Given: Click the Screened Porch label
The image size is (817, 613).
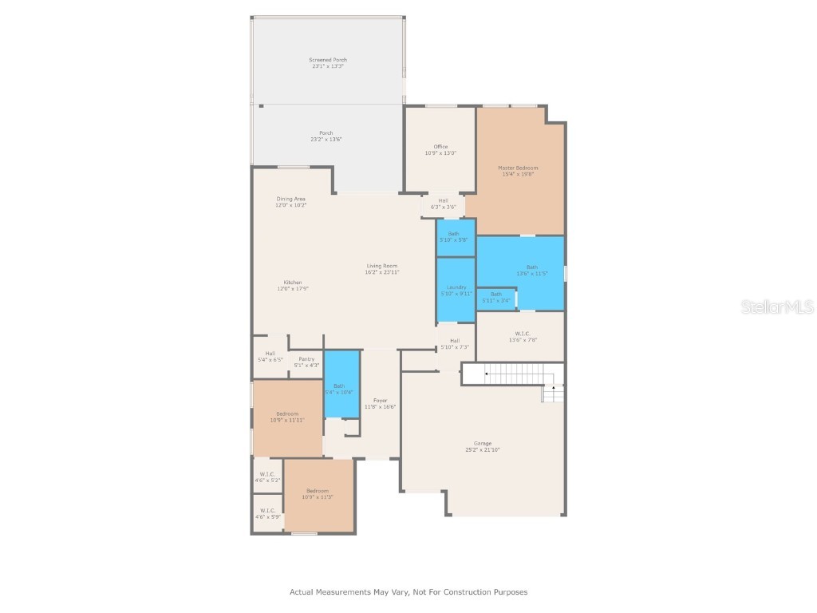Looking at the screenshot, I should (x=328, y=63).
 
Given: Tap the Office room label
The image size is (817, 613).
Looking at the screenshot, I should (x=440, y=149).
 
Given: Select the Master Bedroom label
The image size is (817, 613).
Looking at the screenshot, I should (x=518, y=171).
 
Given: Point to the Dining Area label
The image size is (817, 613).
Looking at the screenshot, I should (x=291, y=202).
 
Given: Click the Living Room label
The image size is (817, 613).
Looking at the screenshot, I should (x=382, y=269).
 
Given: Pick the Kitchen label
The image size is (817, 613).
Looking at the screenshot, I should (x=293, y=285).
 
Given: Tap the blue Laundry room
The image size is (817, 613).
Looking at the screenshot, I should (x=456, y=290).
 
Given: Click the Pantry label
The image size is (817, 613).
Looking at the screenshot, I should (x=307, y=362).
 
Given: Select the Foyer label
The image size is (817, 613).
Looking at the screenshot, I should (x=380, y=403).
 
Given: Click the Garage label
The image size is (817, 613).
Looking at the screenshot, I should (x=483, y=446).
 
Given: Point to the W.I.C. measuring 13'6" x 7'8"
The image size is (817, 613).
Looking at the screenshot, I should (x=522, y=336).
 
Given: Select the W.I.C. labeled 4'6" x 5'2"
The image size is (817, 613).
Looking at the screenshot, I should (x=267, y=477).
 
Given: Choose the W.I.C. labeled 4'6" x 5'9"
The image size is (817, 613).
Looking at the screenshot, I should (x=267, y=514).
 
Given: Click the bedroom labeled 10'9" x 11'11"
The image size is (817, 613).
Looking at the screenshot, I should (x=287, y=417).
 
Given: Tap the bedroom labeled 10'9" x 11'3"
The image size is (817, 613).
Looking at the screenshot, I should (x=318, y=494).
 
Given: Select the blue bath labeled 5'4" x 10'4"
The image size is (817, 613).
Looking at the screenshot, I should (x=341, y=388).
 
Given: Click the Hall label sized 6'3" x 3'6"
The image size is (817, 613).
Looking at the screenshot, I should (x=443, y=204).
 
